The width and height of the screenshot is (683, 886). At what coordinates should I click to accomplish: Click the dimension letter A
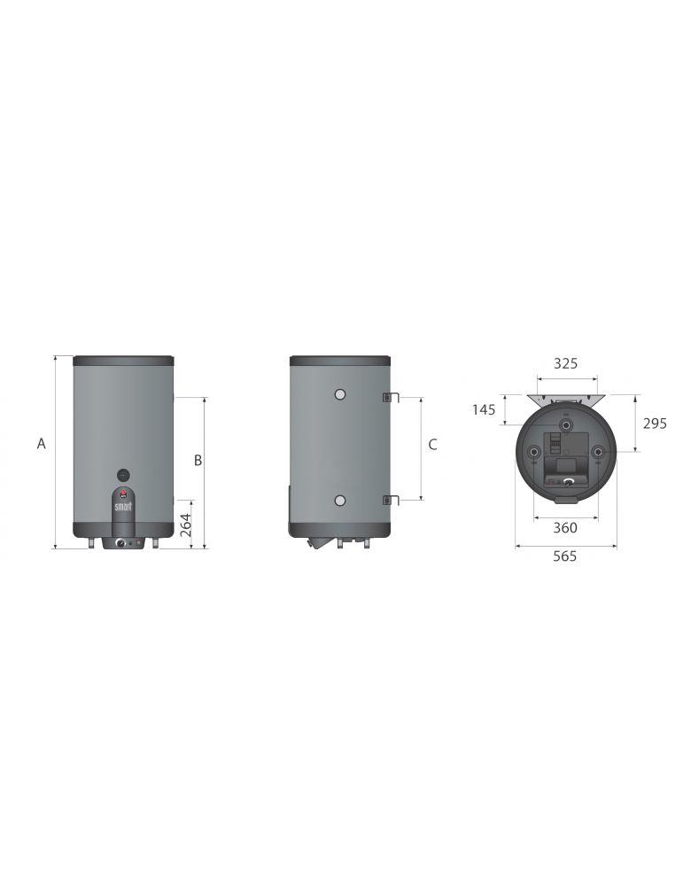coord(41,444)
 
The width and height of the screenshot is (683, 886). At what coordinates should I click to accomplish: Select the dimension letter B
coord(198,460)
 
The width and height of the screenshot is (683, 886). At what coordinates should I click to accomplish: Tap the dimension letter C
coord(432,445)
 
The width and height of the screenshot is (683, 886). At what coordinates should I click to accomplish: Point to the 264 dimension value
coord(186,525)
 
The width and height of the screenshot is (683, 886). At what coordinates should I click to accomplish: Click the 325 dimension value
coord(565,363)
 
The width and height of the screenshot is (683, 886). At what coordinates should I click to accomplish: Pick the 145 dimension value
coord(484,409)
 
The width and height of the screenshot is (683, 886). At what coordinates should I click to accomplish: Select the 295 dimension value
coord(654,424)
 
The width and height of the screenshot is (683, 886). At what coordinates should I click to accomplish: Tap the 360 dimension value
coord(565,528)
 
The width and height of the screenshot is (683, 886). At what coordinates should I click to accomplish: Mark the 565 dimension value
coord(565,556)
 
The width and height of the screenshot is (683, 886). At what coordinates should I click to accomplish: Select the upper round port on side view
coord(339,393)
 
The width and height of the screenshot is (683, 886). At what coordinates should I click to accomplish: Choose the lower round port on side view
coord(339,501)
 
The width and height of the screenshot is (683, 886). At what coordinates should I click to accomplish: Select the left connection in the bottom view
coord(533,454)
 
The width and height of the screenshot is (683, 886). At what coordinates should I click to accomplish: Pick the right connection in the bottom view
coord(599,454)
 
